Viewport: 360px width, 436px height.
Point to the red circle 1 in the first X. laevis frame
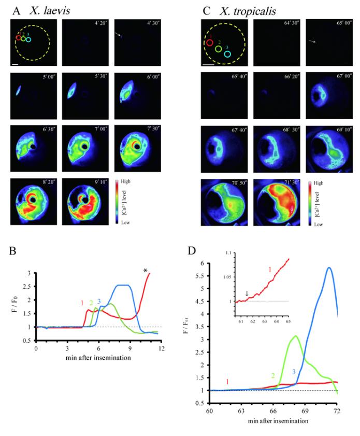[18, 37]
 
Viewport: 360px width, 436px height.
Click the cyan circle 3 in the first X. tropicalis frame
[227, 53]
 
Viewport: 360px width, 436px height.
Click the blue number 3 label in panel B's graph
[98, 301]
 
